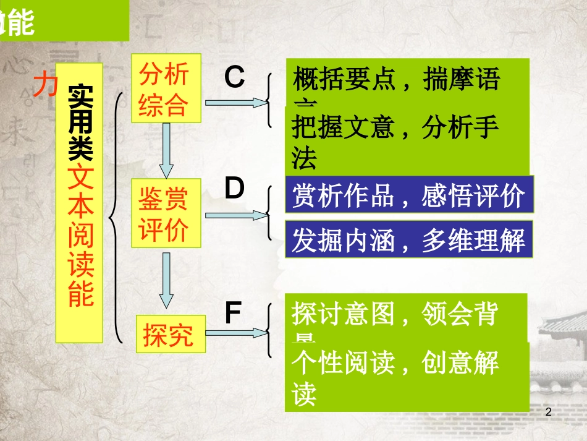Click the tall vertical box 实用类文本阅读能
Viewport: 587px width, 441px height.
coord(79,202)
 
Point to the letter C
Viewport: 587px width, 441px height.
coord(234,78)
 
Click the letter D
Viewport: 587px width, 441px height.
coord(234,189)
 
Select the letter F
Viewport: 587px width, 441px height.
coord(233,314)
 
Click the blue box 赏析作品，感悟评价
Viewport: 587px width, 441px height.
coord(408,196)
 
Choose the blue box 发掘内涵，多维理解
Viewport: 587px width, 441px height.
coord(408,239)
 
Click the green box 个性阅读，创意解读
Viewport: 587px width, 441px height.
coord(407,378)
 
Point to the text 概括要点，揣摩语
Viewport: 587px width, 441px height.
coord(396,80)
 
